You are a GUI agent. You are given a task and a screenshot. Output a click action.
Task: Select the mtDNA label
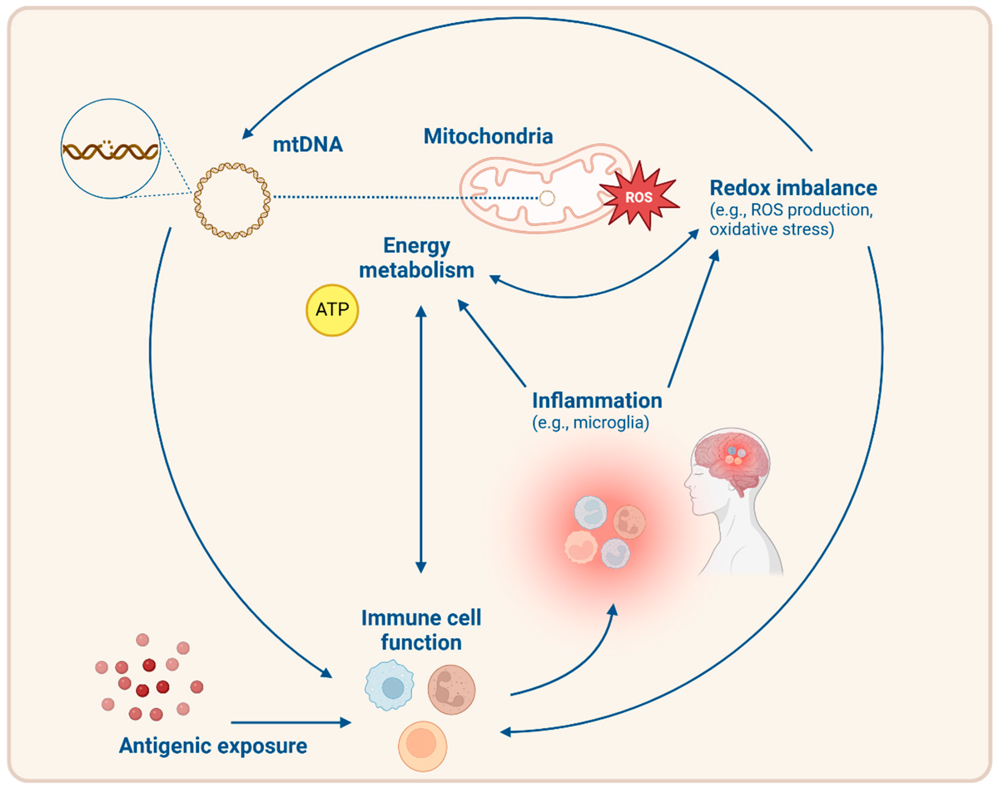click(308, 145)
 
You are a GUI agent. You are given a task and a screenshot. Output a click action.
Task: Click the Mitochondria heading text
click(488, 136)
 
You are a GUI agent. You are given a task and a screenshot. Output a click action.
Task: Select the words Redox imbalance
click(793, 188)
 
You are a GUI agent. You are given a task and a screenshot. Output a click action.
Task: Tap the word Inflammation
click(597, 401)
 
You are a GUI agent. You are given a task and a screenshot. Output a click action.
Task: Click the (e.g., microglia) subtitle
click(590, 422)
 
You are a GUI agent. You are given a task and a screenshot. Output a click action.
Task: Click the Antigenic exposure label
click(213, 746)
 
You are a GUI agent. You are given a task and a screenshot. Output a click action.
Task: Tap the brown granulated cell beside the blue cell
click(451, 690)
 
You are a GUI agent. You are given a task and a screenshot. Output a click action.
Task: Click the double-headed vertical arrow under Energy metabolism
click(421, 439)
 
